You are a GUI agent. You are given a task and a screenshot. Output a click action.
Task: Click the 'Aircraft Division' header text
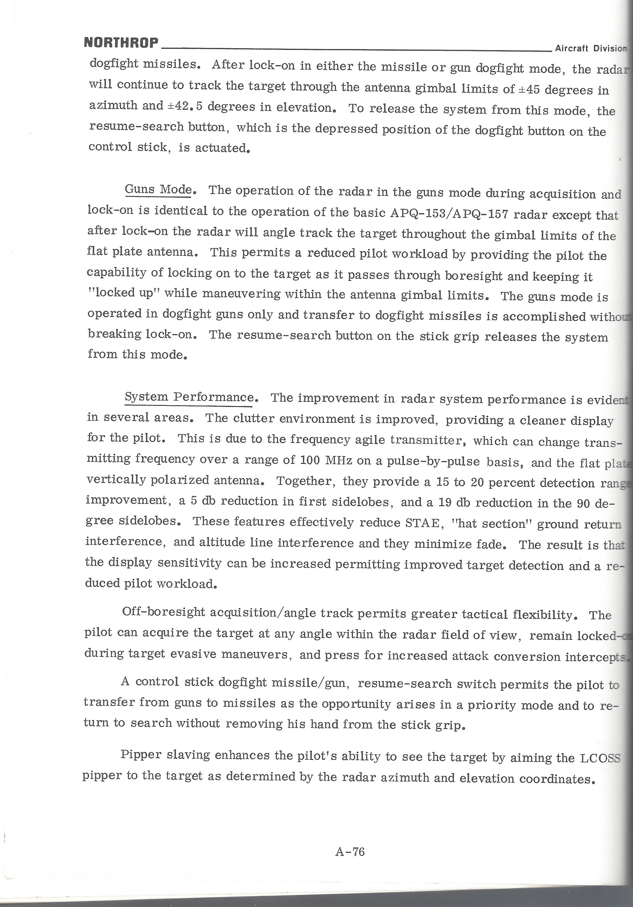pos(591,49)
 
